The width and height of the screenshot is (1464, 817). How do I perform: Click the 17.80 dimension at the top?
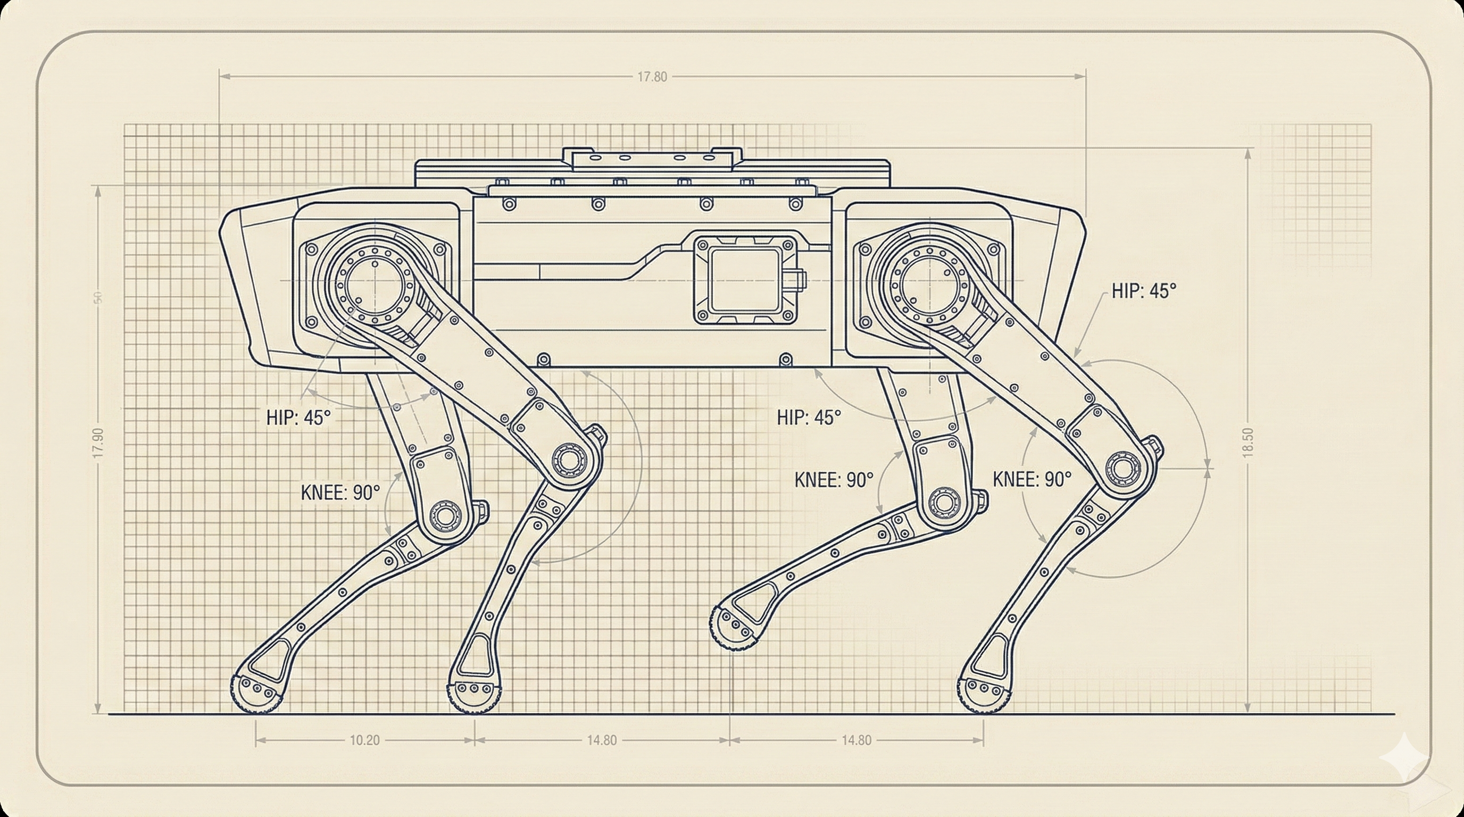click(x=652, y=77)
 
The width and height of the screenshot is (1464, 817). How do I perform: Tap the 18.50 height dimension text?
click(x=1249, y=442)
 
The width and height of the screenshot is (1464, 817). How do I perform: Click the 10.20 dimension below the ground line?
click(x=364, y=740)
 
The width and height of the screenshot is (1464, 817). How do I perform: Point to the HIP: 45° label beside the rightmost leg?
click(x=1143, y=291)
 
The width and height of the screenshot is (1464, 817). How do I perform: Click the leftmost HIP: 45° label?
click(x=298, y=418)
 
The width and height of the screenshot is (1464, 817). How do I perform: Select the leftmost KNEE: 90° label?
click(x=340, y=492)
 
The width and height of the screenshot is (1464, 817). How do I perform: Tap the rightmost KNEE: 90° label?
click(x=1032, y=480)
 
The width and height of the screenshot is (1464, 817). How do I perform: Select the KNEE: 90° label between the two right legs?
click(x=834, y=480)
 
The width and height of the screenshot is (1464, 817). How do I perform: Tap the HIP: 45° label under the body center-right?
click(x=808, y=418)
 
